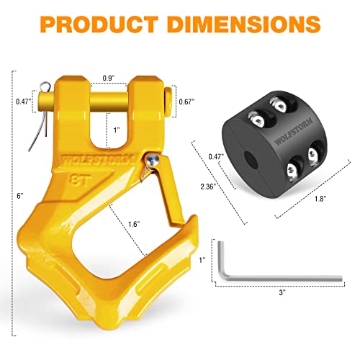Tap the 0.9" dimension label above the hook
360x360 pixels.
[x=109, y=77]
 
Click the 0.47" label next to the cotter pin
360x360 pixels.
[x=22, y=102]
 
